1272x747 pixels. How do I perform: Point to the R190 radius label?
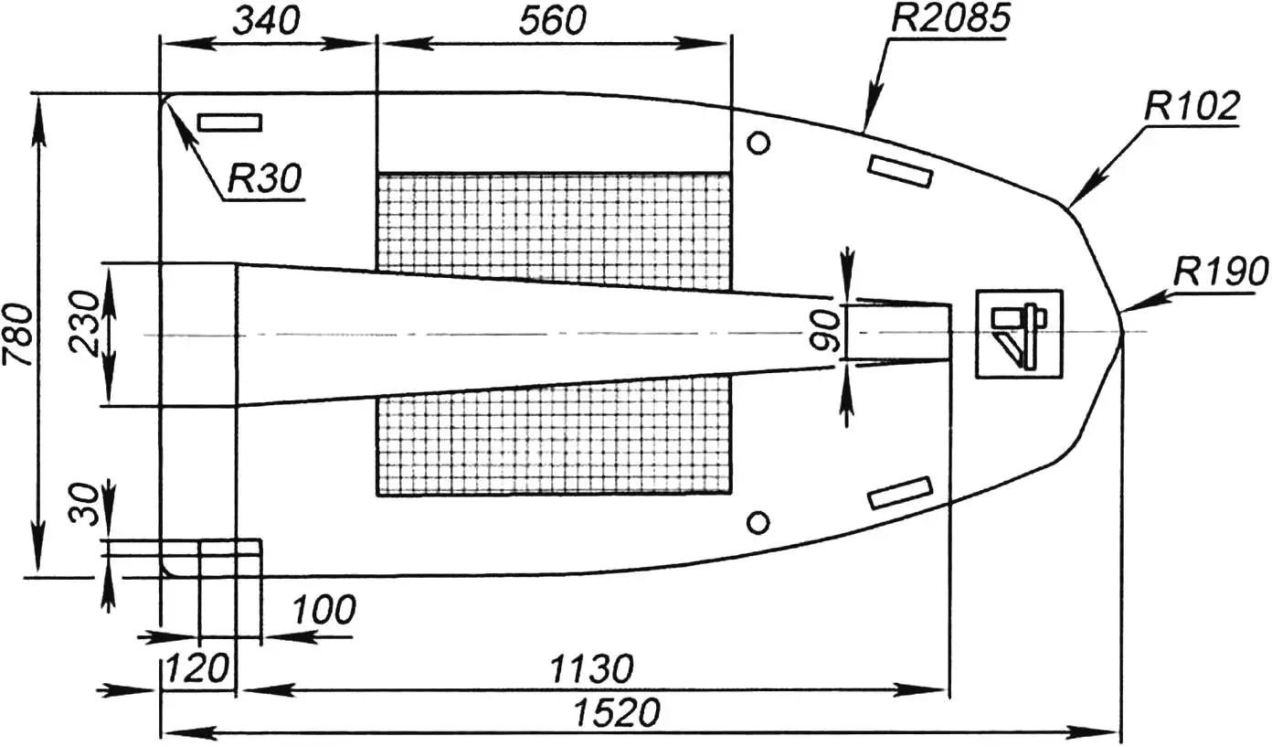1222,272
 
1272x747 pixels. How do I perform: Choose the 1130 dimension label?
590,669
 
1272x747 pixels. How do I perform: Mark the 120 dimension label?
196,669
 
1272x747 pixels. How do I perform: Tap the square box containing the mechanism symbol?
1019,334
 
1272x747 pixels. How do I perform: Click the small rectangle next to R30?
230,123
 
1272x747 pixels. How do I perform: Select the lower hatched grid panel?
554,443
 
